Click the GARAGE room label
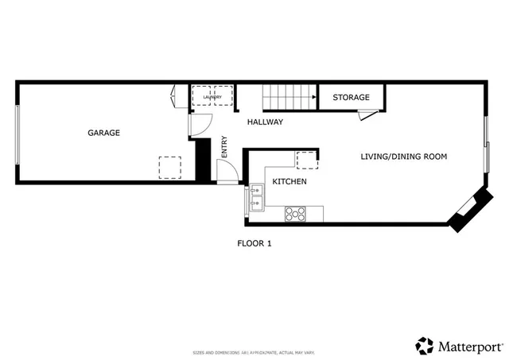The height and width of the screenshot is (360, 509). pos(103,133)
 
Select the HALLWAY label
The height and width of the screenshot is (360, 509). pos(265,122)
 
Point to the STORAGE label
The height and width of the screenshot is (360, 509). pos(351,98)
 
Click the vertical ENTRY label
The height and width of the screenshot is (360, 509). pos(224,148)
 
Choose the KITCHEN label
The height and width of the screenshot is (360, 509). pos(289,182)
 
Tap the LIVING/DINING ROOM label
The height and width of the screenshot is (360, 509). pos(403,157)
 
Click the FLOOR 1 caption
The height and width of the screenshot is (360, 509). pos(254,244)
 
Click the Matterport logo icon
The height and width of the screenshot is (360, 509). pos(425,346)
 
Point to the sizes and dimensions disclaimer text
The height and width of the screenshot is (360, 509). pos(254,352)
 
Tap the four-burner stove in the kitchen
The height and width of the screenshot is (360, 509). pos(296,213)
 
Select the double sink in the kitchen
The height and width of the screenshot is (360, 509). pos(257,198)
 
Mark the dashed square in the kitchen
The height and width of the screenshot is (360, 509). pos(306,159)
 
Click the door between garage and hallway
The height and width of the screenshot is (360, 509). pos(199,123)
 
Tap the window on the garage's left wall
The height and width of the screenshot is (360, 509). pos(17,134)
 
